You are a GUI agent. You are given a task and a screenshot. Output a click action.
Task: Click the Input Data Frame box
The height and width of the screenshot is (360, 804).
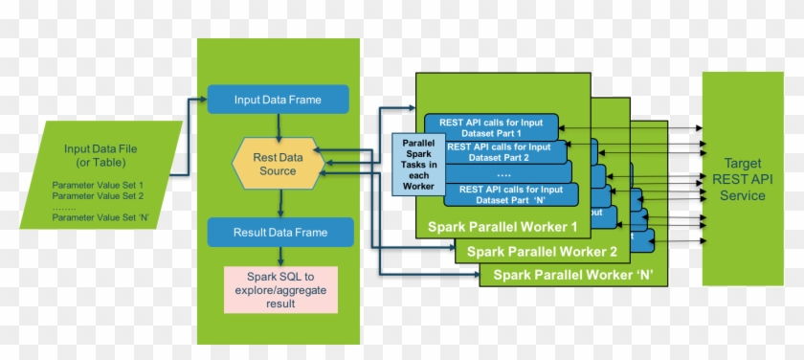[278, 100]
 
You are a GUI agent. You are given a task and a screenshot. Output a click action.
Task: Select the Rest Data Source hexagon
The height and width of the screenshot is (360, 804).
[279, 165]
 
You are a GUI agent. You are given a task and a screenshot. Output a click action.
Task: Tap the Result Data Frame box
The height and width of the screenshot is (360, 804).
[280, 232]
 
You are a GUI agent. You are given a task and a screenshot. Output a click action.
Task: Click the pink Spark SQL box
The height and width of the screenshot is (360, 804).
[280, 289]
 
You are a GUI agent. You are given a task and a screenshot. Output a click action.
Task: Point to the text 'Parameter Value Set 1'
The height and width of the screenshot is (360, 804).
[97, 185]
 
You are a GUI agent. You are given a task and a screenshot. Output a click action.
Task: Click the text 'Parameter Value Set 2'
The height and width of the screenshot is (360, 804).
[97, 196]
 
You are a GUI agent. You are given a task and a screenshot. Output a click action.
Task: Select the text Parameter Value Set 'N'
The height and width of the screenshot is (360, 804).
[99, 218]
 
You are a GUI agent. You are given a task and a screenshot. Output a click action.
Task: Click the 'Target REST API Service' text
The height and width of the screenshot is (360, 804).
[743, 180]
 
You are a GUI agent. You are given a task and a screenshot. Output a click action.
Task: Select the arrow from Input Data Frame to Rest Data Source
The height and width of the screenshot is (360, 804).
[278, 126]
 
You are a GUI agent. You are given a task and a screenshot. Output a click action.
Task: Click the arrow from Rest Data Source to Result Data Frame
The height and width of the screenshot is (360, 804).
[279, 201]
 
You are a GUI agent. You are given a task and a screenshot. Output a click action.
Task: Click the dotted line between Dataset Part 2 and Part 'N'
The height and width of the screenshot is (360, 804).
[504, 175]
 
